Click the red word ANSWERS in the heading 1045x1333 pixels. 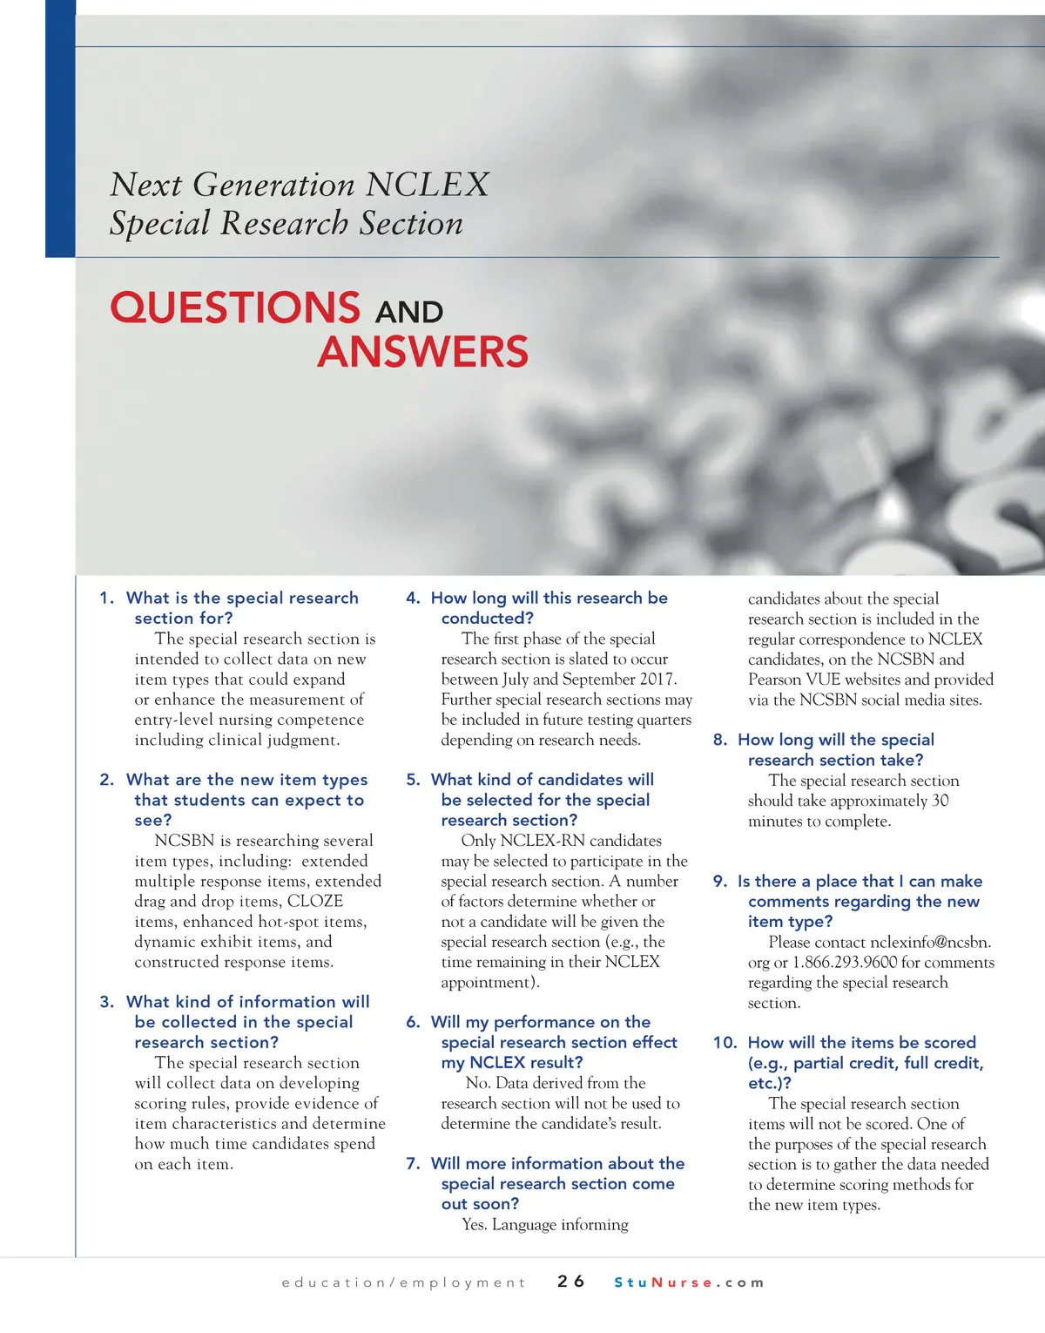[422, 352]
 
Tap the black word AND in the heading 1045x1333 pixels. [409, 312]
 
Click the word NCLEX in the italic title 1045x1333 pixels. [428, 185]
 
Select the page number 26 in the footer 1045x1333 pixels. [571, 1282]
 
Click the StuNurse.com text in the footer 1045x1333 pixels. [689, 1282]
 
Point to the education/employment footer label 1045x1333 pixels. [403, 1282]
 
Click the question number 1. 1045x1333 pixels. [106, 598]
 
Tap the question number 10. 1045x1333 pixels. [725, 1042]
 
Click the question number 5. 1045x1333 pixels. [413, 780]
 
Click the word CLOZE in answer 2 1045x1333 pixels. [315, 901]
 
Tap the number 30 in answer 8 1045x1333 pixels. [940, 801]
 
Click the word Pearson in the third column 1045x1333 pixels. [777, 679]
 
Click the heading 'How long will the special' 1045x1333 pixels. [835, 740]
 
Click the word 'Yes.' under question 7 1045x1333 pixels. [475, 1224]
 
